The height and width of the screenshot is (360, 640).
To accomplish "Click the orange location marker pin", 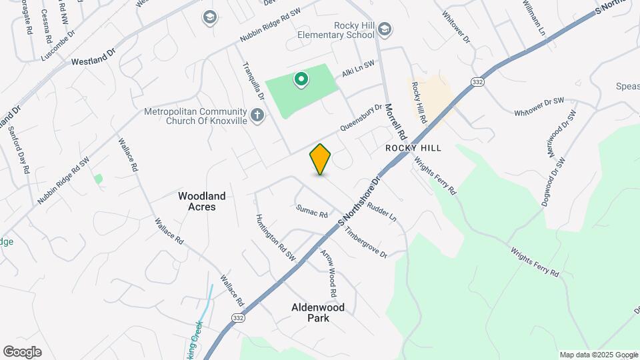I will pos(321,159).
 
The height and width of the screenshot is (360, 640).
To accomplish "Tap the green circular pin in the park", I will pos(301,81).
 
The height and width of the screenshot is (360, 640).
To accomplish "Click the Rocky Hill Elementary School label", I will pos(345,30).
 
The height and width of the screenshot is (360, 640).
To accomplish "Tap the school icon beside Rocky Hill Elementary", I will pos(385,30).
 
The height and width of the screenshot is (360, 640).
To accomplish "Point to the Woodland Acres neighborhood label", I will pos(201,201).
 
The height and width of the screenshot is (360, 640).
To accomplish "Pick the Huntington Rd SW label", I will pos(276,237).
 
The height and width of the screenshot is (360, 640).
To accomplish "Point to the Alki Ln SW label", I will pos(358,69).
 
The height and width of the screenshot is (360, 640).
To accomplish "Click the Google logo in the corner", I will pos(22,352).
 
